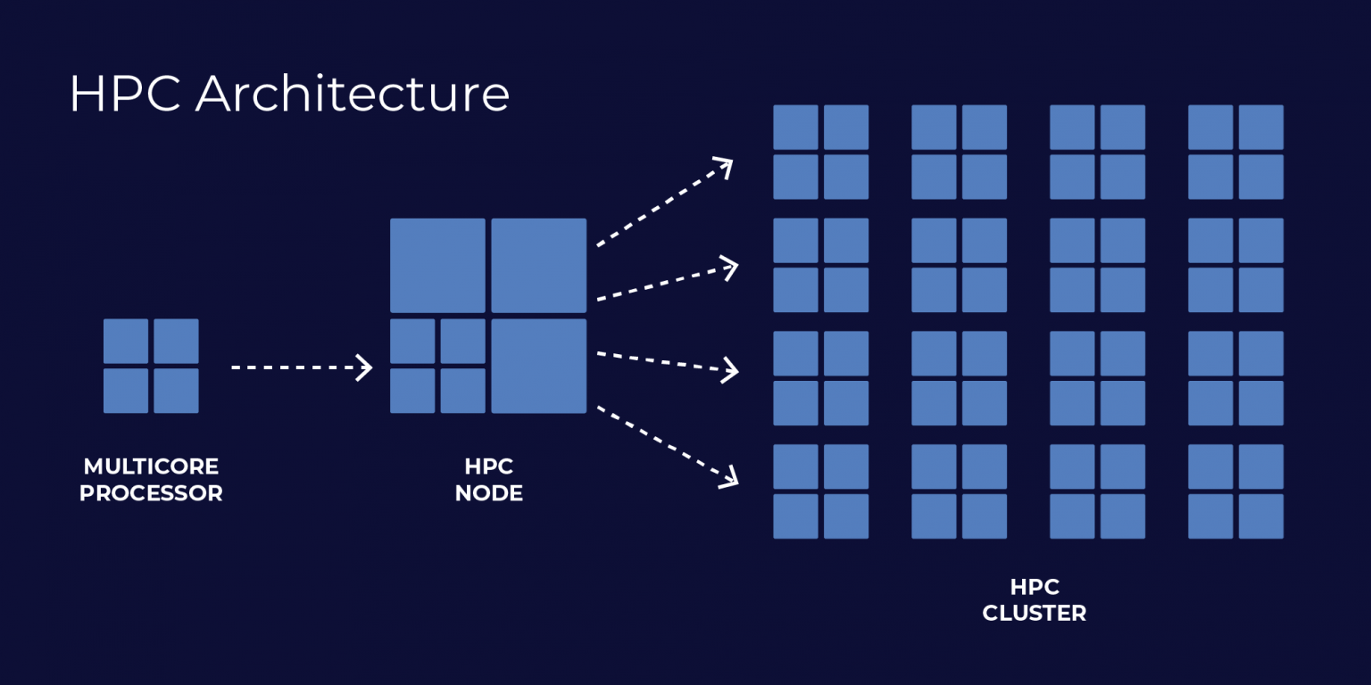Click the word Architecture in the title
[353, 94]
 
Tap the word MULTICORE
[151, 466]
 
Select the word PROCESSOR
[151, 493]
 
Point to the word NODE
[489, 493]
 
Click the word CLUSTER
[1034, 614]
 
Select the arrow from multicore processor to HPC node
[301, 367]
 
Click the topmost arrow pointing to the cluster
[664, 203]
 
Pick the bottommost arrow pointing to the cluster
[667, 446]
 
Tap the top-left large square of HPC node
[437, 265]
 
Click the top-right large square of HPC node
[539, 265]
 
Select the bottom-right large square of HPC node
[539, 366]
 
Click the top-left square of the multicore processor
[126, 341]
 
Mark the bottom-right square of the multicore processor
[176, 391]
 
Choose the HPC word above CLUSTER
[1034, 587]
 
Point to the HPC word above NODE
[489, 466]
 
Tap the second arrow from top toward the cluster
[667, 282]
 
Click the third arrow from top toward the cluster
[667, 361]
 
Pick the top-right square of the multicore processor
[176, 341]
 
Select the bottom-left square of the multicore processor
[126, 391]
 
